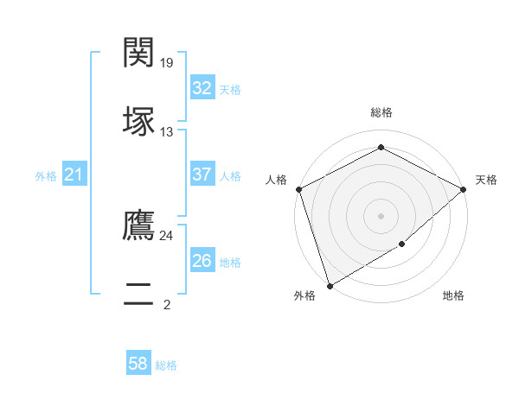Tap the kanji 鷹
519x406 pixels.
coord(139,225)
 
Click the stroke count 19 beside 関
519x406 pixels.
coord(168,62)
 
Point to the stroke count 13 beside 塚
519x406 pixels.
coord(167,132)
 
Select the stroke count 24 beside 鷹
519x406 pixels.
coord(167,235)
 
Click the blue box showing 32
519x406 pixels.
coord(202,87)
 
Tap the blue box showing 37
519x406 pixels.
coord(202,174)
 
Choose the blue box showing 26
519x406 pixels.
coord(202,261)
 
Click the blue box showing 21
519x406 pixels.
coord(74,175)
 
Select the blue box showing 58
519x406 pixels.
coord(138,364)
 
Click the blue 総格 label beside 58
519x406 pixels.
coord(166,365)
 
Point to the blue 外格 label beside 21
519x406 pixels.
coord(46,176)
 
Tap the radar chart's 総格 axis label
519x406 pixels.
coord(381,112)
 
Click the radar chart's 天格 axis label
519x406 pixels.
coord(486,180)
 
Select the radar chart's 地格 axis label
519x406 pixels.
coord(453,296)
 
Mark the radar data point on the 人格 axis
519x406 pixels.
coord(298,189)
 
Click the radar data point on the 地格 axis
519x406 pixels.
coord(402,245)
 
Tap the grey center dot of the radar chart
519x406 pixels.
coord(381,216)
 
